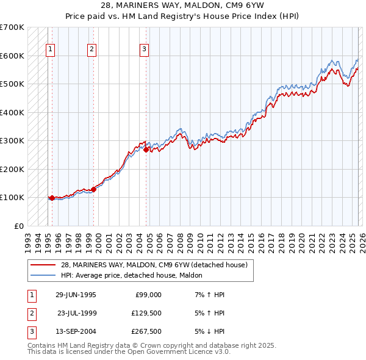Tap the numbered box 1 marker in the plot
(50, 50)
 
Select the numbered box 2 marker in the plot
(91, 50)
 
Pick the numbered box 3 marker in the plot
(144, 50)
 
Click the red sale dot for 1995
(52, 198)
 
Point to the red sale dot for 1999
(94, 189)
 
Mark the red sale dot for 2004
(146, 149)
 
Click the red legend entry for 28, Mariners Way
(153, 265)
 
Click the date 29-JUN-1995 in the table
(76, 294)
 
